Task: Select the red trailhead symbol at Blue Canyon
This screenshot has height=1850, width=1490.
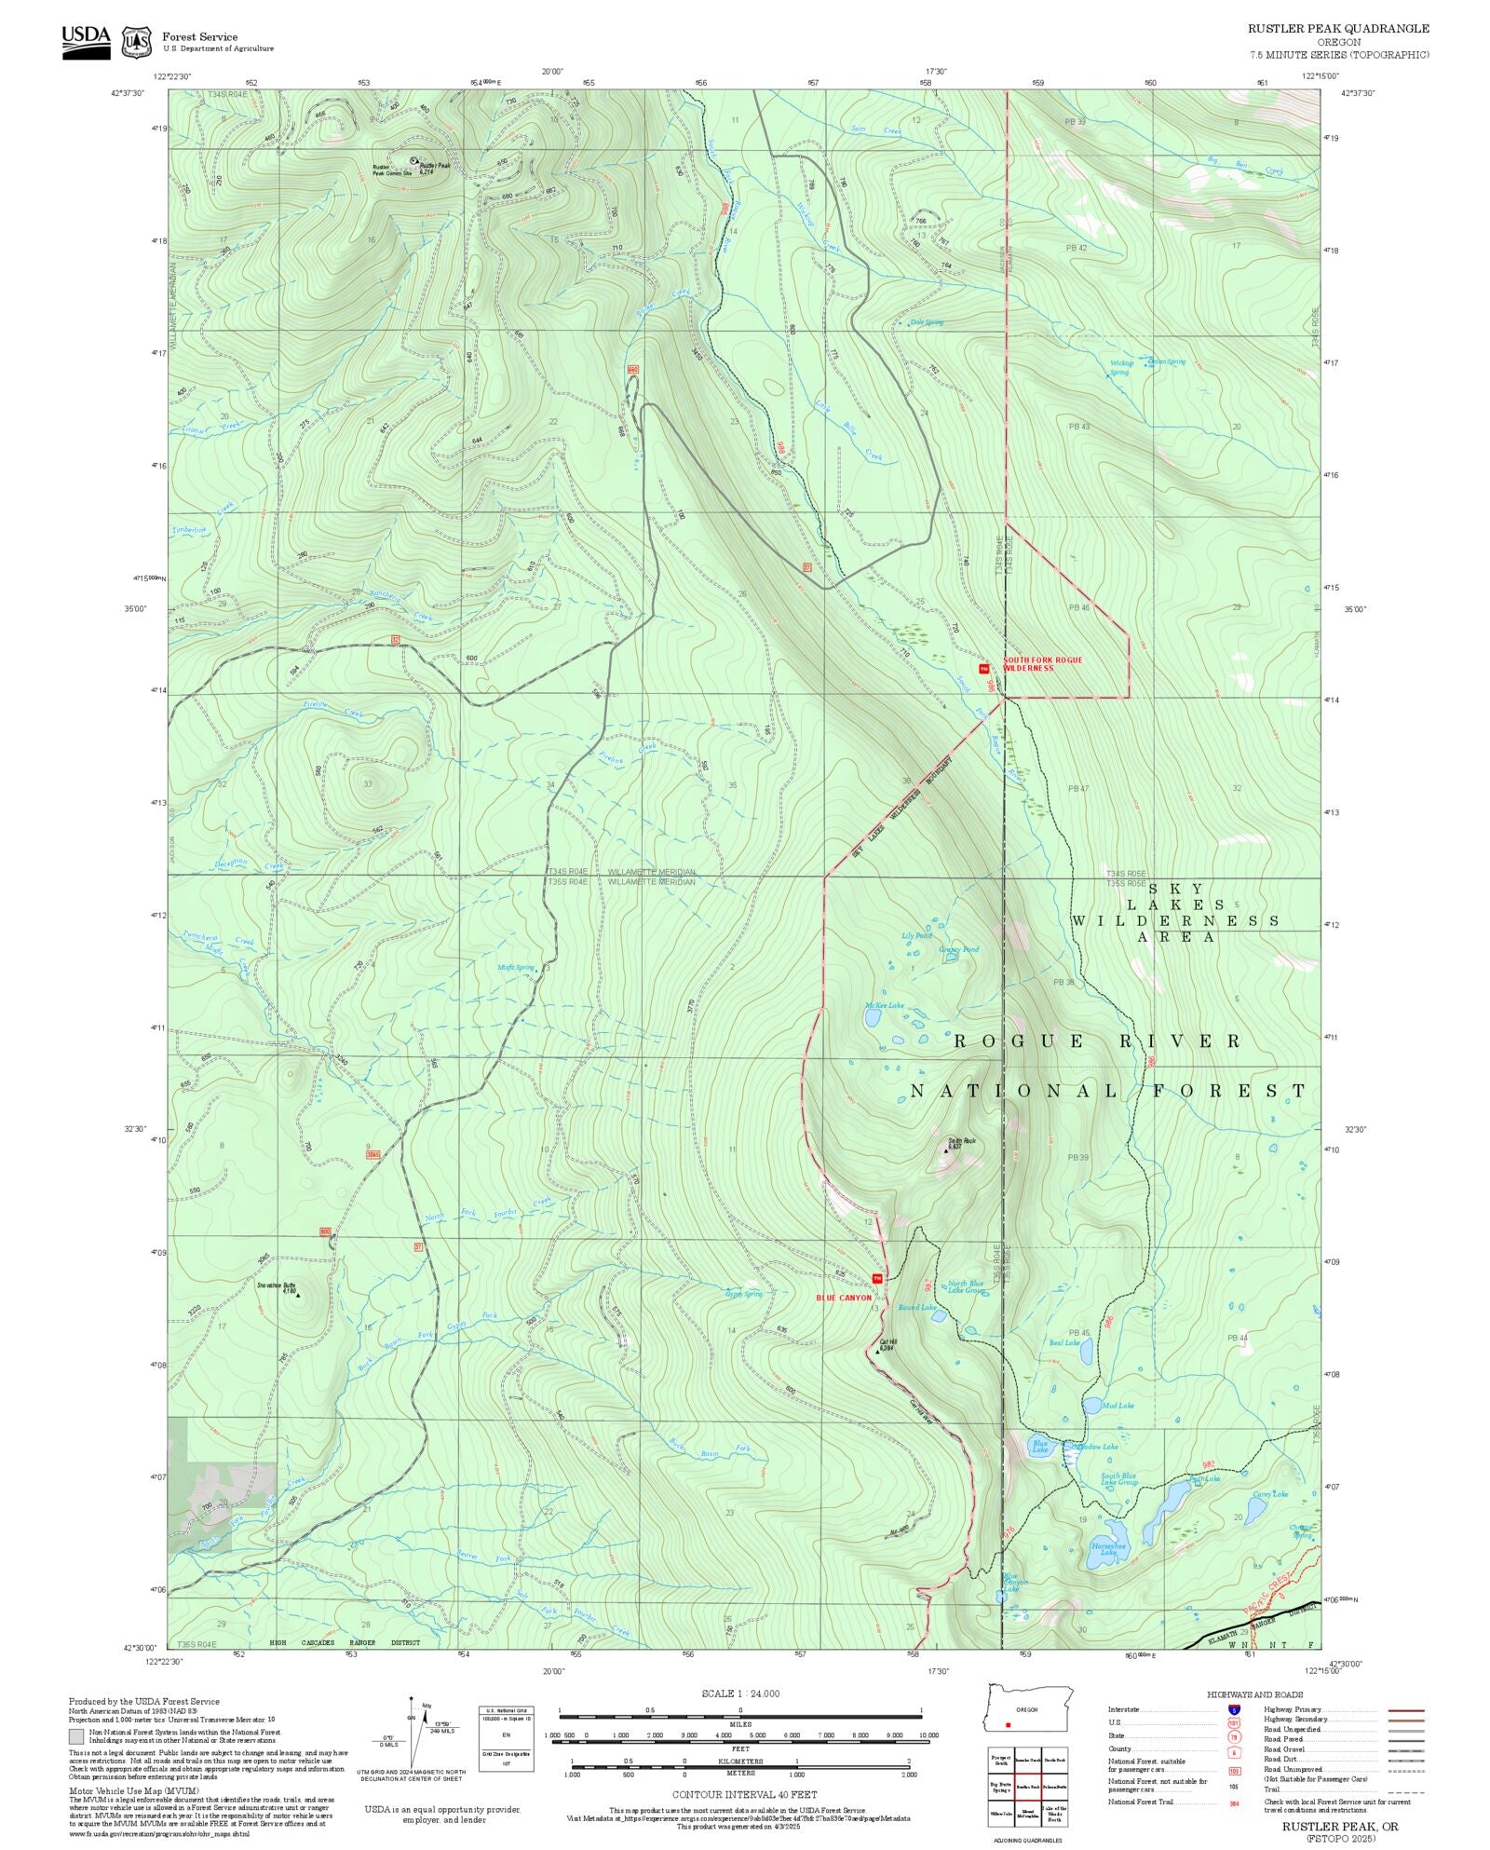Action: click(876, 1277)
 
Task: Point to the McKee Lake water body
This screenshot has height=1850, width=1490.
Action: click(874, 1018)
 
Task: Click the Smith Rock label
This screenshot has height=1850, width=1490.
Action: click(961, 1140)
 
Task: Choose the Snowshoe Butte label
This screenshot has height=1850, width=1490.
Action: click(277, 1285)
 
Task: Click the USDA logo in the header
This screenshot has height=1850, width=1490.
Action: click(86, 42)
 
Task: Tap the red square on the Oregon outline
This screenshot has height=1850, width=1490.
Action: click(1008, 1724)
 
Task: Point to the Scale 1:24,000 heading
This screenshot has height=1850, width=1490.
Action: click(740, 1694)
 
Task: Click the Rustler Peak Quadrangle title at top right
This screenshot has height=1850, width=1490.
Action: click(1338, 29)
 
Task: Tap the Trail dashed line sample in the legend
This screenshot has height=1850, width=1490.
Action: click(1406, 1789)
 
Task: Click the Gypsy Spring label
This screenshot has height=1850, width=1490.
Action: click(744, 1294)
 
